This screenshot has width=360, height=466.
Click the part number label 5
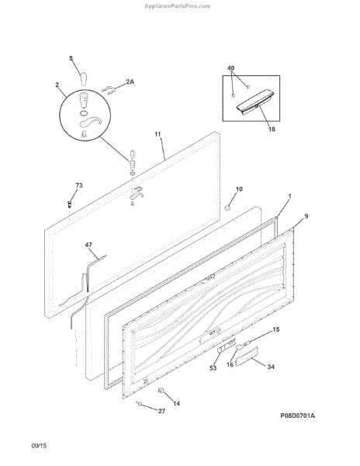click(71, 58)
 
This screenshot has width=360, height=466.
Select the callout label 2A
click(130, 82)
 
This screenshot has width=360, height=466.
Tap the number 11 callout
click(157, 134)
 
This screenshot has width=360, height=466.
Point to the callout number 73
click(79, 186)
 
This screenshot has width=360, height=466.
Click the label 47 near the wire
click(88, 245)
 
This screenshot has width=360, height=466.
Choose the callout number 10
click(239, 189)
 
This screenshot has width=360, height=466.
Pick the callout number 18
click(272, 129)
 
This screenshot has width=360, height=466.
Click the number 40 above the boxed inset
click(230, 68)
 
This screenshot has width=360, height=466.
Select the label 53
click(213, 368)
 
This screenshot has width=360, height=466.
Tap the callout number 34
click(271, 367)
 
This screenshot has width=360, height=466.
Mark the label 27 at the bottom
click(161, 411)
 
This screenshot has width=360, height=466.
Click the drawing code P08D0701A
click(298, 416)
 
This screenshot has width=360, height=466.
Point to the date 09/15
click(39, 446)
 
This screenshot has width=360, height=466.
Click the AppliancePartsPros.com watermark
click(178, 6)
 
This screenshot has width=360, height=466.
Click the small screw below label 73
click(70, 204)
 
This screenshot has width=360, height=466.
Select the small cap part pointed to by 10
click(227, 208)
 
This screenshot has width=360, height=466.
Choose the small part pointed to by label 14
click(161, 391)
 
